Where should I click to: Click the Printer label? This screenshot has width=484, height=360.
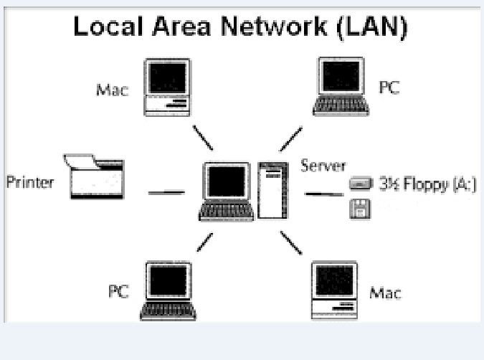[x=29, y=181]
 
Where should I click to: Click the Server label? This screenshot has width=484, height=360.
[x=323, y=166]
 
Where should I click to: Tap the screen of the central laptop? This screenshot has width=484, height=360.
[x=226, y=183]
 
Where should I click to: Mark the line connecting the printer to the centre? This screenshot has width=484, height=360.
[x=166, y=191]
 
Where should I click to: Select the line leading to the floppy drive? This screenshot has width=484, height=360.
[x=323, y=194]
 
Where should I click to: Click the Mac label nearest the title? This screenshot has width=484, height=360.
[x=111, y=90]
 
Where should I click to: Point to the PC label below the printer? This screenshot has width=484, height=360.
[x=118, y=293]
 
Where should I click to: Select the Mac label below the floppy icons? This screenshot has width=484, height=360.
[x=385, y=293]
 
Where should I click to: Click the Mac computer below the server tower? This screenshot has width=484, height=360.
[x=335, y=290]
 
